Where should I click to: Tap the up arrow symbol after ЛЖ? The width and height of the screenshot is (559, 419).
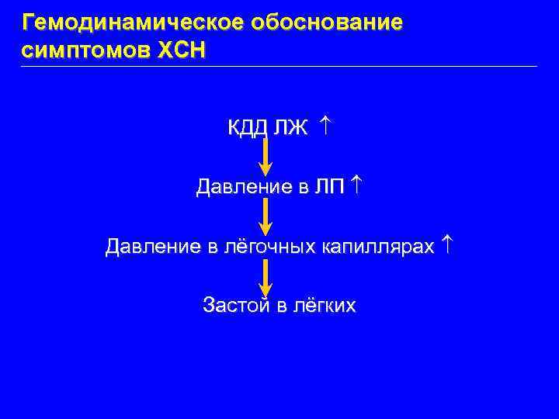(325, 124)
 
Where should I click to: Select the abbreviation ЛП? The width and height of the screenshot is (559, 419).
(329, 186)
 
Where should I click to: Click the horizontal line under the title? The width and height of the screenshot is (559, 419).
(279, 66)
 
